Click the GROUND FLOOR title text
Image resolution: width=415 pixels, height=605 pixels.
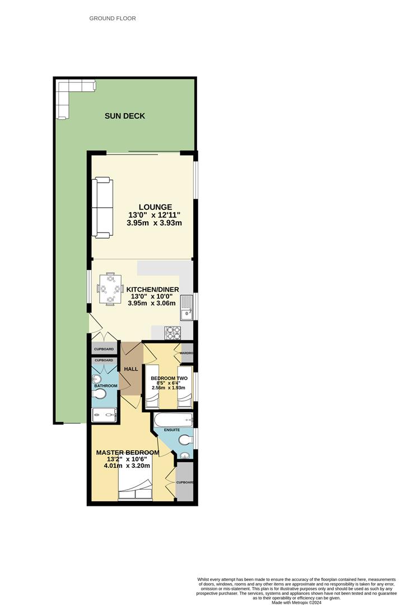click(113, 18)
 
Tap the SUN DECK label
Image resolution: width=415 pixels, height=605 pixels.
click(125, 116)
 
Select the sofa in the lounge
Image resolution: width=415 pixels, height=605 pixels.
click(103, 207)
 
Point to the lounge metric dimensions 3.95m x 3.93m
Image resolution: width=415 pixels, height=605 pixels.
click(155, 223)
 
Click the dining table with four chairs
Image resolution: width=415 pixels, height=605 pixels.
click(110, 289)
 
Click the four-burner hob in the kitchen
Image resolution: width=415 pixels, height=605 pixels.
click(172, 333)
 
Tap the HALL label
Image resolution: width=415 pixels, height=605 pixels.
click(131, 369)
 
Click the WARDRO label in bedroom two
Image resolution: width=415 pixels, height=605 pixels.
click(186, 353)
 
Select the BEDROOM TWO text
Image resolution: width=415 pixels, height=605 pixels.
click(169, 378)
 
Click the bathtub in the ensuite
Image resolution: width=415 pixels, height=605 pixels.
click(172, 420)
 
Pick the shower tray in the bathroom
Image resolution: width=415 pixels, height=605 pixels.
click(104, 415)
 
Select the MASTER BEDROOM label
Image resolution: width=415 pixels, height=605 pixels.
click(127, 453)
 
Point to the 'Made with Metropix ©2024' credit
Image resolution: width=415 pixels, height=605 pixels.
click(301, 602)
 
